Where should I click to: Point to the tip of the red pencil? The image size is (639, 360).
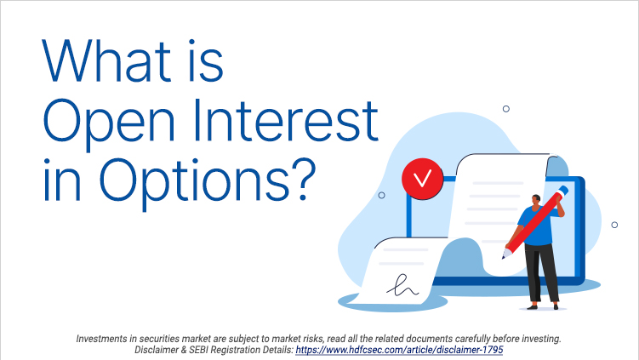click(505, 254)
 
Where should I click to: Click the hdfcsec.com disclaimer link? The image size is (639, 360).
click(405, 349)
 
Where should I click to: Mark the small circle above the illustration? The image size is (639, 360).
click(506, 108)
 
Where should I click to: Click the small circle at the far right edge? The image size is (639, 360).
click(614, 225)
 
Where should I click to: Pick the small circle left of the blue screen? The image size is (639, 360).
click(381, 195)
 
